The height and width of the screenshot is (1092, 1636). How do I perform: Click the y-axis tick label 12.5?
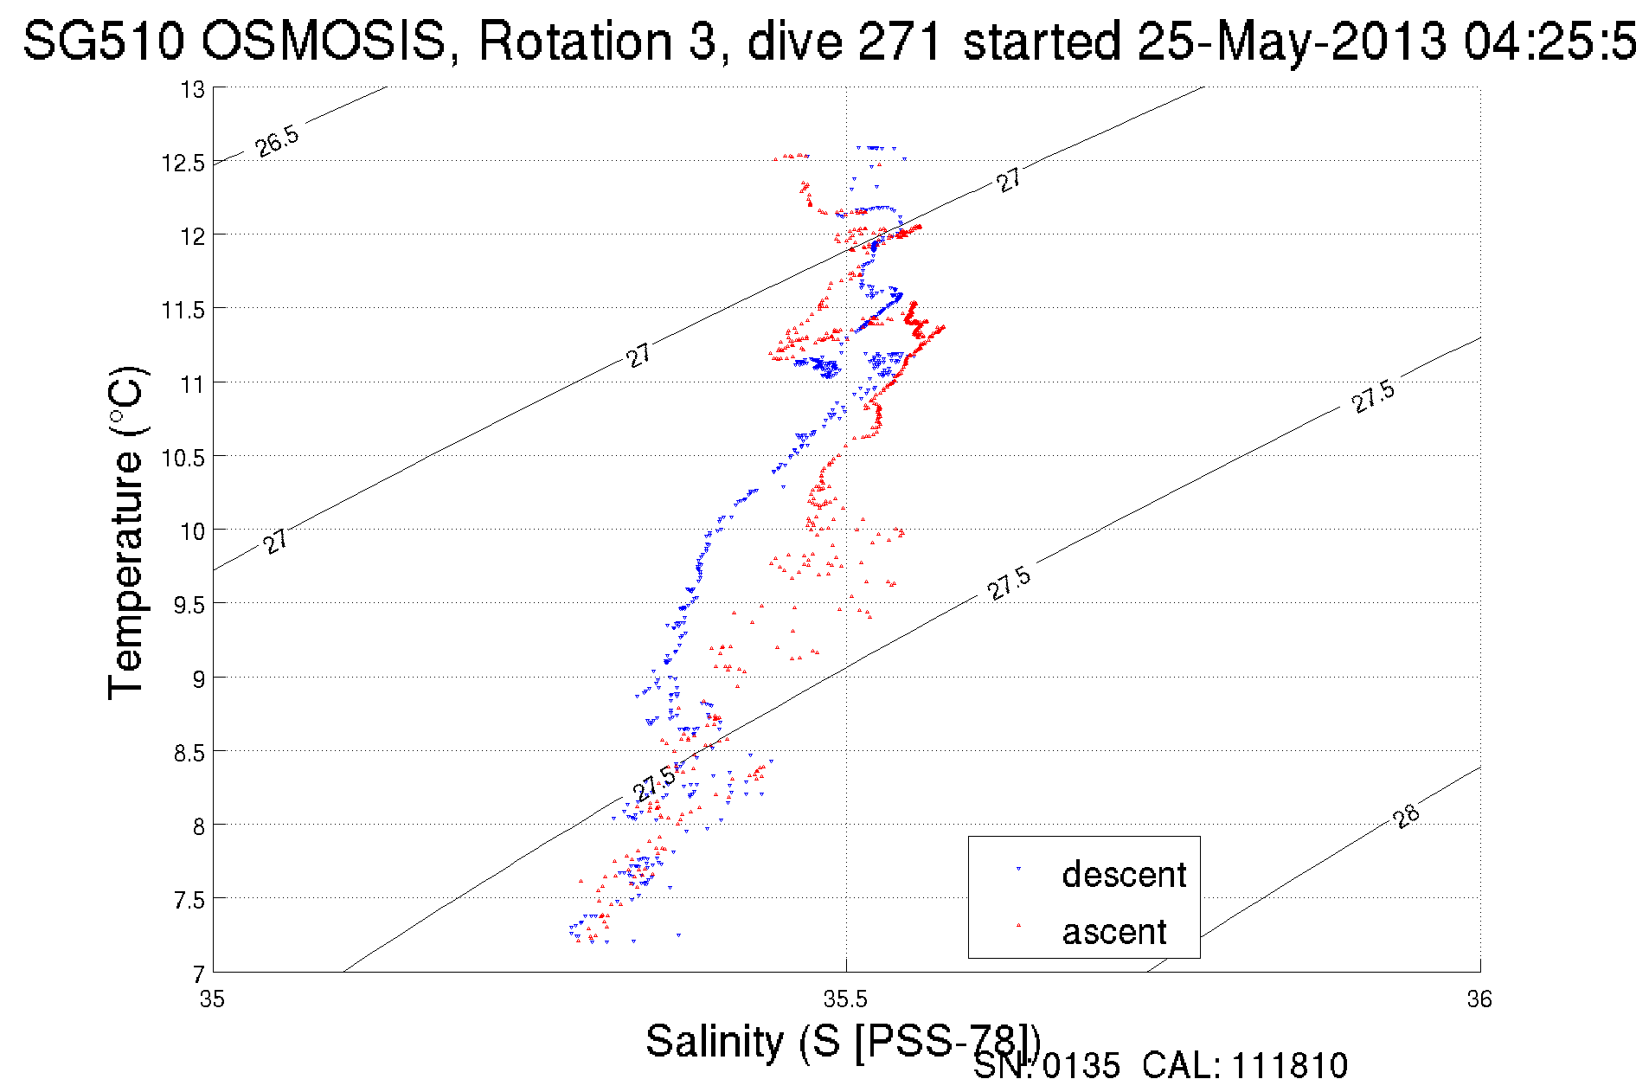pyautogui.click(x=183, y=163)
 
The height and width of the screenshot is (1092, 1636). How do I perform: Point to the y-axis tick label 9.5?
pyautogui.click(x=189, y=605)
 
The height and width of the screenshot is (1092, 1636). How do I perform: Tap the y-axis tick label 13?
pyautogui.click(x=192, y=89)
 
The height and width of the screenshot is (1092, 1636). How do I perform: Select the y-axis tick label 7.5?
pyautogui.click(x=189, y=900)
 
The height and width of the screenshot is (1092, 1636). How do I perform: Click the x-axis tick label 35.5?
pyautogui.click(x=845, y=999)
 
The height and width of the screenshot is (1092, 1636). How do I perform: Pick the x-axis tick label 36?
pyautogui.click(x=1479, y=999)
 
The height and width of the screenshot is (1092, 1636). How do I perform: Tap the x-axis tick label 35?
pyautogui.click(x=212, y=999)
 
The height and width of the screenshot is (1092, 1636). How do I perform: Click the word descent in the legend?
pyautogui.click(x=1124, y=875)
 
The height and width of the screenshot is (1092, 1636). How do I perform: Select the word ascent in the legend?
pyautogui.click(x=1114, y=932)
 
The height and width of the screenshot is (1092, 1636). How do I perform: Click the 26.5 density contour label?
pyautogui.click(x=278, y=140)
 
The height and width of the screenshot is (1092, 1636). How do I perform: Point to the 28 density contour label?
pyautogui.click(x=1407, y=816)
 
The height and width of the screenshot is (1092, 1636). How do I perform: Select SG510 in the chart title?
pyautogui.click(x=103, y=41)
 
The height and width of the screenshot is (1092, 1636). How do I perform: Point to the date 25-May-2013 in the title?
pyautogui.click(x=1292, y=41)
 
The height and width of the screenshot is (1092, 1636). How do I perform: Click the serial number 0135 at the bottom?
pyautogui.click(x=1081, y=1066)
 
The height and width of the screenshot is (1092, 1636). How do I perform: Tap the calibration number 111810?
pyautogui.click(x=1289, y=1066)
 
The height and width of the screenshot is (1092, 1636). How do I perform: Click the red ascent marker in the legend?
pyautogui.click(x=1018, y=926)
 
